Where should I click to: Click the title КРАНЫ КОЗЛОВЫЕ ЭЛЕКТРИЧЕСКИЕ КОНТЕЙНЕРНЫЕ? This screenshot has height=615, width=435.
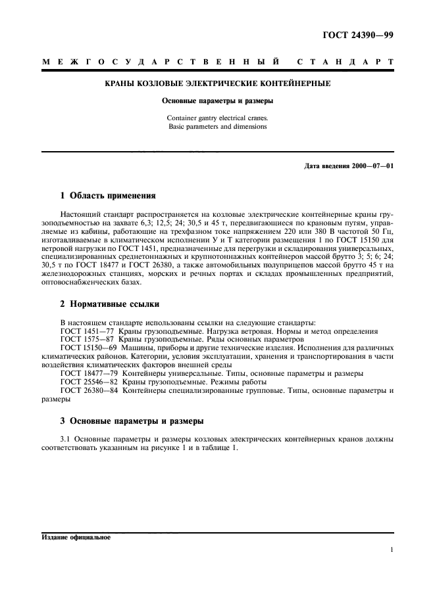pyautogui.click(x=217, y=84)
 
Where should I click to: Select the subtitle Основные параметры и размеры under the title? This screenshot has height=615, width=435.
pyautogui.click(x=217, y=101)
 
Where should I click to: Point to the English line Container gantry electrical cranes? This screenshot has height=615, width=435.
pyautogui.click(x=217, y=118)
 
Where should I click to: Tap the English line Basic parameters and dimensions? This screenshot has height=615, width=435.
pyautogui.click(x=217, y=126)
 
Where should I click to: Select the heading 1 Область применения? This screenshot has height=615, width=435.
pyautogui.click(x=107, y=196)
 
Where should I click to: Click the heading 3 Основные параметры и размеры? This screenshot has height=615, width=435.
pyautogui.click(x=132, y=421)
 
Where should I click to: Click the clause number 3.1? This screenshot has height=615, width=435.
pyautogui.click(x=64, y=439)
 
